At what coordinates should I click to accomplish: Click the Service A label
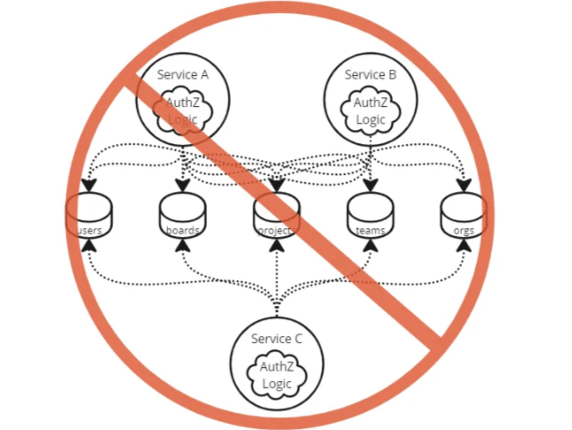click(x=183, y=74)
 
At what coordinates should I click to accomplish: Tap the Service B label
click(x=370, y=75)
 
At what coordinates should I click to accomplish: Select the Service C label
click(x=277, y=339)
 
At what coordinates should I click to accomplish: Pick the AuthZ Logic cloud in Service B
click(x=370, y=111)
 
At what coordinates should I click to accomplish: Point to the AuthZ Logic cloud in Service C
click(x=277, y=375)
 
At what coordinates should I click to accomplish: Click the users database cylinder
click(x=89, y=216)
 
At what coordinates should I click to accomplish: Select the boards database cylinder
click(x=183, y=216)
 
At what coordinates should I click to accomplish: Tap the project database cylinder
click(x=277, y=216)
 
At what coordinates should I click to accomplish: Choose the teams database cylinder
click(x=370, y=216)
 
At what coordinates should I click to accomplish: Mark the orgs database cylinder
click(x=463, y=216)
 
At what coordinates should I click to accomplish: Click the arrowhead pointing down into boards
click(x=183, y=185)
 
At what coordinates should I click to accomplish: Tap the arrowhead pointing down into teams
click(x=370, y=185)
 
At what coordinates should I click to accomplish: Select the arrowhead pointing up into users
click(x=89, y=246)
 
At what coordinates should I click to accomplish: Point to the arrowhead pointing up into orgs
click(x=463, y=246)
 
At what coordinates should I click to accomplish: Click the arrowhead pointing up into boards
click(x=183, y=246)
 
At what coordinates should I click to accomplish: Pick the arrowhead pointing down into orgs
click(x=463, y=185)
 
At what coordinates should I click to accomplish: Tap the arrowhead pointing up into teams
click(x=370, y=246)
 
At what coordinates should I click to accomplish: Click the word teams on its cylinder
click(x=370, y=230)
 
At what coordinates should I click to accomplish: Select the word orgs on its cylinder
click(x=463, y=230)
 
